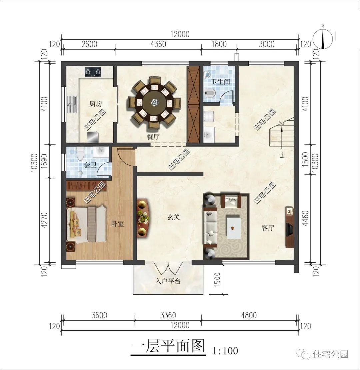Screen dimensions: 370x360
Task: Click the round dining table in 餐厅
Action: pos(154,103)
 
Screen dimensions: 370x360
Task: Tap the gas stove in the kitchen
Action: pos(93,71)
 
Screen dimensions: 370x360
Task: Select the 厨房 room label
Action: pos(95,104)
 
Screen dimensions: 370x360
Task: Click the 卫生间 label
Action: pos(220,81)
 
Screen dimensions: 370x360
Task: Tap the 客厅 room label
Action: pos(268,228)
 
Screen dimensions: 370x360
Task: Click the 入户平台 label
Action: pos(168,281)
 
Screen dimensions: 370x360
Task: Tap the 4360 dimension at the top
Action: pos(158,44)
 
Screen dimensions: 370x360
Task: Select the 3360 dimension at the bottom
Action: pos(168,315)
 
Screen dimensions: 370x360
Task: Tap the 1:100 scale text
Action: pos(225,350)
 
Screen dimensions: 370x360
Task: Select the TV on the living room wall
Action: pos(289,229)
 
